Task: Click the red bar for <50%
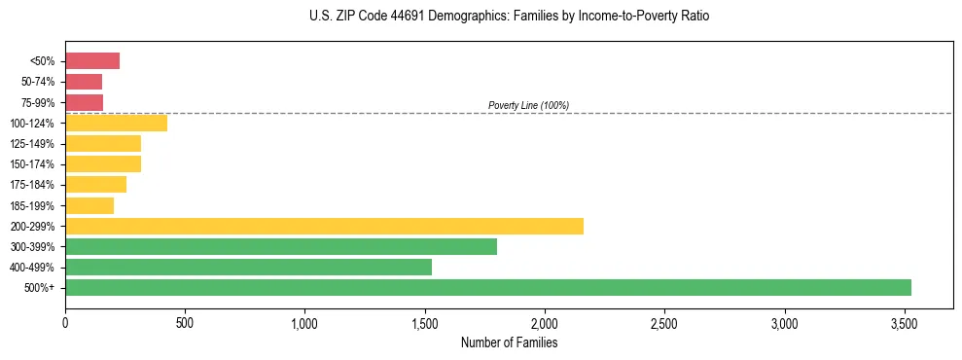(x=92, y=61)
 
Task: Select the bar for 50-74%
(x=84, y=82)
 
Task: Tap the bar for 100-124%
(x=116, y=124)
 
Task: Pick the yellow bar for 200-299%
(x=324, y=227)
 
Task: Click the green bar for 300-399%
(x=281, y=247)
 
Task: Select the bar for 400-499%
(x=248, y=268)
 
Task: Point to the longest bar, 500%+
(x=488, y=288)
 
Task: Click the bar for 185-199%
(x=89, y=206)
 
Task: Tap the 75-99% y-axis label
(x=39, y=103)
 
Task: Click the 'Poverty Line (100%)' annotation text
(x=528, y=105)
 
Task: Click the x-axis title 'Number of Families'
(x=509, y=342)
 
